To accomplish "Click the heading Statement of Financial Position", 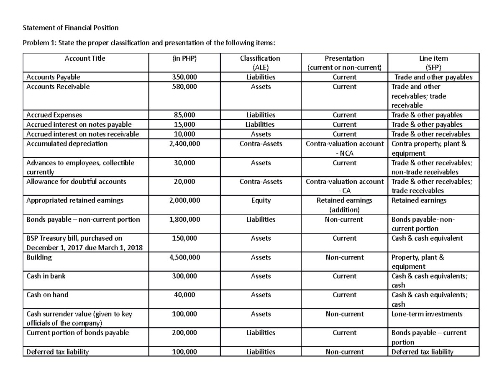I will tap(71, 28).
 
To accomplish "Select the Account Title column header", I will tap(85, 58).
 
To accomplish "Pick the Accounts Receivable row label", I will tap(58, 87).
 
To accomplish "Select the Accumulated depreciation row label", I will tap(67, 144).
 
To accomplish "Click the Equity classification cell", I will tap(261, 200).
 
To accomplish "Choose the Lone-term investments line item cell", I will tap(427, 314).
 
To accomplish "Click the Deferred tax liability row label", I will tap(57, 352).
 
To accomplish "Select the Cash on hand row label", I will tap(47, 295).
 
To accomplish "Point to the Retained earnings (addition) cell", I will tap(344, 205).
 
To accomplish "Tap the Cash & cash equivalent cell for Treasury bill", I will tap(427, 238).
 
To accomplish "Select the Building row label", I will tap(39, 257).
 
